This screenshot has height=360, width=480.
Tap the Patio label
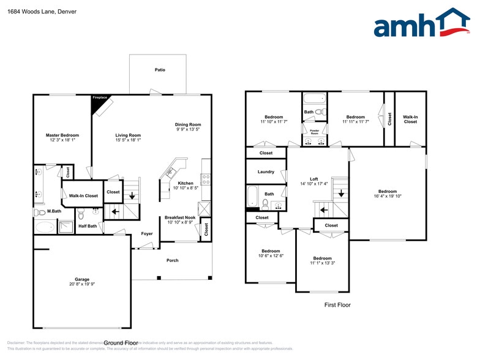[159, 70]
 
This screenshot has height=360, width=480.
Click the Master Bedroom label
[62, 135]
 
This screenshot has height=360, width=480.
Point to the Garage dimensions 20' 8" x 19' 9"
[83, 284]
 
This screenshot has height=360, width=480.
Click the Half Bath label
[88, 226]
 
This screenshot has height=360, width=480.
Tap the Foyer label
[147, 233]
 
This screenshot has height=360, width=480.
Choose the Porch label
[173, 260]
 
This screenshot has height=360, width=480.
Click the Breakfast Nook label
[180, 218]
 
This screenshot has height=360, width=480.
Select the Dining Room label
[189, 124]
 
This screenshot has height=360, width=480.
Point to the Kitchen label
[186, 183]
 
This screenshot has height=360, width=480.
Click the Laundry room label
[266, 172]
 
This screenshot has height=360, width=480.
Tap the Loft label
[313, 178]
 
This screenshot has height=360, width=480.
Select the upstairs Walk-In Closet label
[410, 119]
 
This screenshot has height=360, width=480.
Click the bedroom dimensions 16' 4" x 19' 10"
[387, 197]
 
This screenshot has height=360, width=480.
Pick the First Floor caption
[337, 304]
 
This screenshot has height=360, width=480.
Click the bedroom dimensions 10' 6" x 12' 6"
[270, 255]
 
